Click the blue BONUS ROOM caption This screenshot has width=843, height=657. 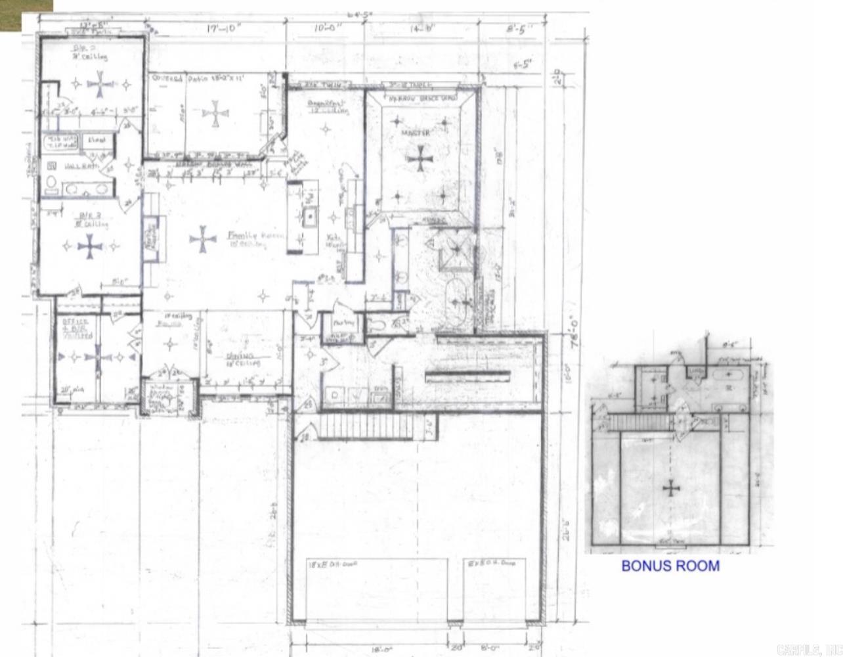pyautogui.click(x=670, y=566)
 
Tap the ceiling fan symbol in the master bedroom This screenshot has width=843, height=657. pyautogui.click(x=418, y=158)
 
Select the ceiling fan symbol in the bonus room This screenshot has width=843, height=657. pyautogui.click(x=670, y=488)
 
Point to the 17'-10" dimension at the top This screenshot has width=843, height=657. pyautogui.click(x=224, y=28)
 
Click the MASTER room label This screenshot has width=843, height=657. pyautogui.click(x=415, y=133)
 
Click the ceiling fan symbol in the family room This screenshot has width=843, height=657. pyautogui.click(x=202, y=239)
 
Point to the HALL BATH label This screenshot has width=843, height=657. pyautogui.click(x=81, y=167)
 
